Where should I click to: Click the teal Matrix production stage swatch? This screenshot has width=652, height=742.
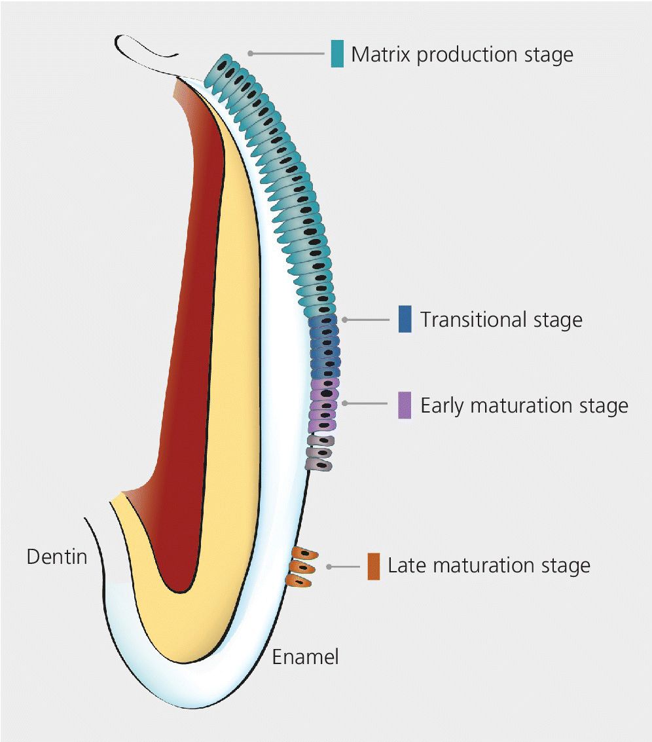tap(337, 54)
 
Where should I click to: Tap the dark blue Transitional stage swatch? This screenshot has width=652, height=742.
tap(405, 320)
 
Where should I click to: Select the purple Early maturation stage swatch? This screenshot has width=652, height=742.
tap(405, 405)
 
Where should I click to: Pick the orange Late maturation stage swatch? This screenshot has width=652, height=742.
tap(373, 566)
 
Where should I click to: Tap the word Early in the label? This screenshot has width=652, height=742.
tap(443, 406)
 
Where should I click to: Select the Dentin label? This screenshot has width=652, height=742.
tap(57, 557)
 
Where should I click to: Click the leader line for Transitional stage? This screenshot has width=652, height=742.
tap(370, 320)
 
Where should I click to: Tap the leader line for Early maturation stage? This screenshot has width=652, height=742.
tap(370, 403)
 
